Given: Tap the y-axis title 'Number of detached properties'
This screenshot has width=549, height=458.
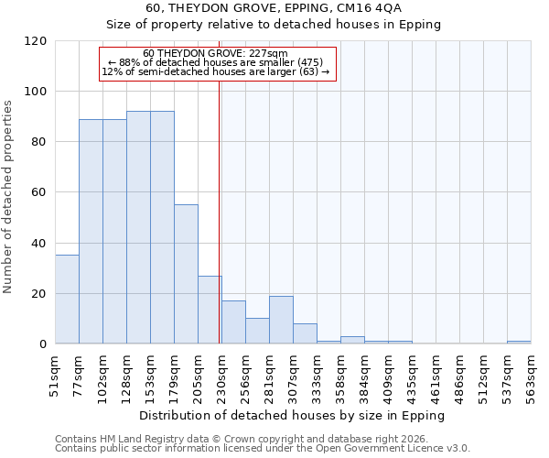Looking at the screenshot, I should (x=8, y=197).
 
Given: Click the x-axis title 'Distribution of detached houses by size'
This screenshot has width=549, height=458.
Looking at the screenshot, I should (x=293, y=415).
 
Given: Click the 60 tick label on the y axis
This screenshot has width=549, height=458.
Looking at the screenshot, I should (x=39, y=192).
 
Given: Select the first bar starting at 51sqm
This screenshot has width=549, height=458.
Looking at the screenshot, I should (x=67, y=300).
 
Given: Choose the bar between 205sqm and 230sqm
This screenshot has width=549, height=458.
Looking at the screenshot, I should (x=210, y=310).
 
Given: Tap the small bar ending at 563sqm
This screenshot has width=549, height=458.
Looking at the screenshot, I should (x=519, y=342).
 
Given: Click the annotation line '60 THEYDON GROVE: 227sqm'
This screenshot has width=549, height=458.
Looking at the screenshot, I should (x=216, y=53).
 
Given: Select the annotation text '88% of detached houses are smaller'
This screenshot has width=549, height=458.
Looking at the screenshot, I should (x=216, y=62).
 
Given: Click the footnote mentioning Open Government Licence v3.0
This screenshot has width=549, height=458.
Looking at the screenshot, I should (x=263, y=448).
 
